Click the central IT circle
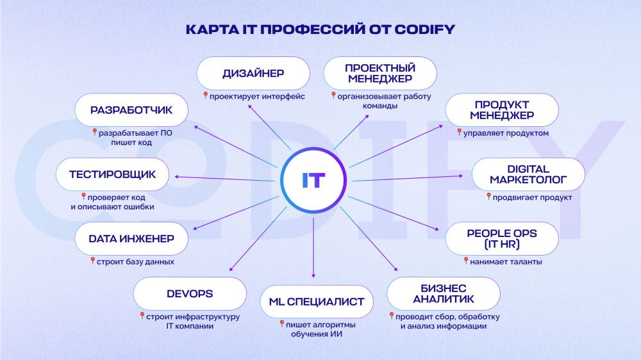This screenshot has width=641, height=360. point(313,180)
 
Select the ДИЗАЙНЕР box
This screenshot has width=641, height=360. point(253,73)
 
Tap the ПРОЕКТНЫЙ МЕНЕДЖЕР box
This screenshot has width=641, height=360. point(380,73)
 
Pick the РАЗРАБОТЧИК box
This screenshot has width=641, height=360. point(131,110)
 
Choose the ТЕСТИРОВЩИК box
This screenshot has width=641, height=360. point(112,174)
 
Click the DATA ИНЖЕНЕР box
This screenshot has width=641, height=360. point(131,239)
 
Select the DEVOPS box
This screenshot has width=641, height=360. point(190,294)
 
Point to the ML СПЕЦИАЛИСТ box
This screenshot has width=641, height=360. point(317,302)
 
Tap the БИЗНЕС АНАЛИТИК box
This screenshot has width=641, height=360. point(444,294)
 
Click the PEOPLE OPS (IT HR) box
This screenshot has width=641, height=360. point(502,239)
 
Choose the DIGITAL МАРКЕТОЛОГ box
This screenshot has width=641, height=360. point(528,174)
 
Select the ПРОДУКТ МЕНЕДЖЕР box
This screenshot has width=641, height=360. point(502,110)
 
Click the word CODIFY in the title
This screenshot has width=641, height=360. point(425,29)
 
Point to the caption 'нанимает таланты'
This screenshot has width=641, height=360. point(506,262)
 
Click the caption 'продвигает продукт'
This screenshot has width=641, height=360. point(532,198)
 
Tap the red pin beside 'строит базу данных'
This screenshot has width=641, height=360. point(93,261)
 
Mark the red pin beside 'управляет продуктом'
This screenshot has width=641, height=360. point(459,132)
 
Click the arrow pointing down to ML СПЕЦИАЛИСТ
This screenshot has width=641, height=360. point(313,248)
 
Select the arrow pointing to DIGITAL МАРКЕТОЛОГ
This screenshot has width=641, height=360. point(407,178)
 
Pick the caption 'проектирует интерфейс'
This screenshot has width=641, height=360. point(257,97)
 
